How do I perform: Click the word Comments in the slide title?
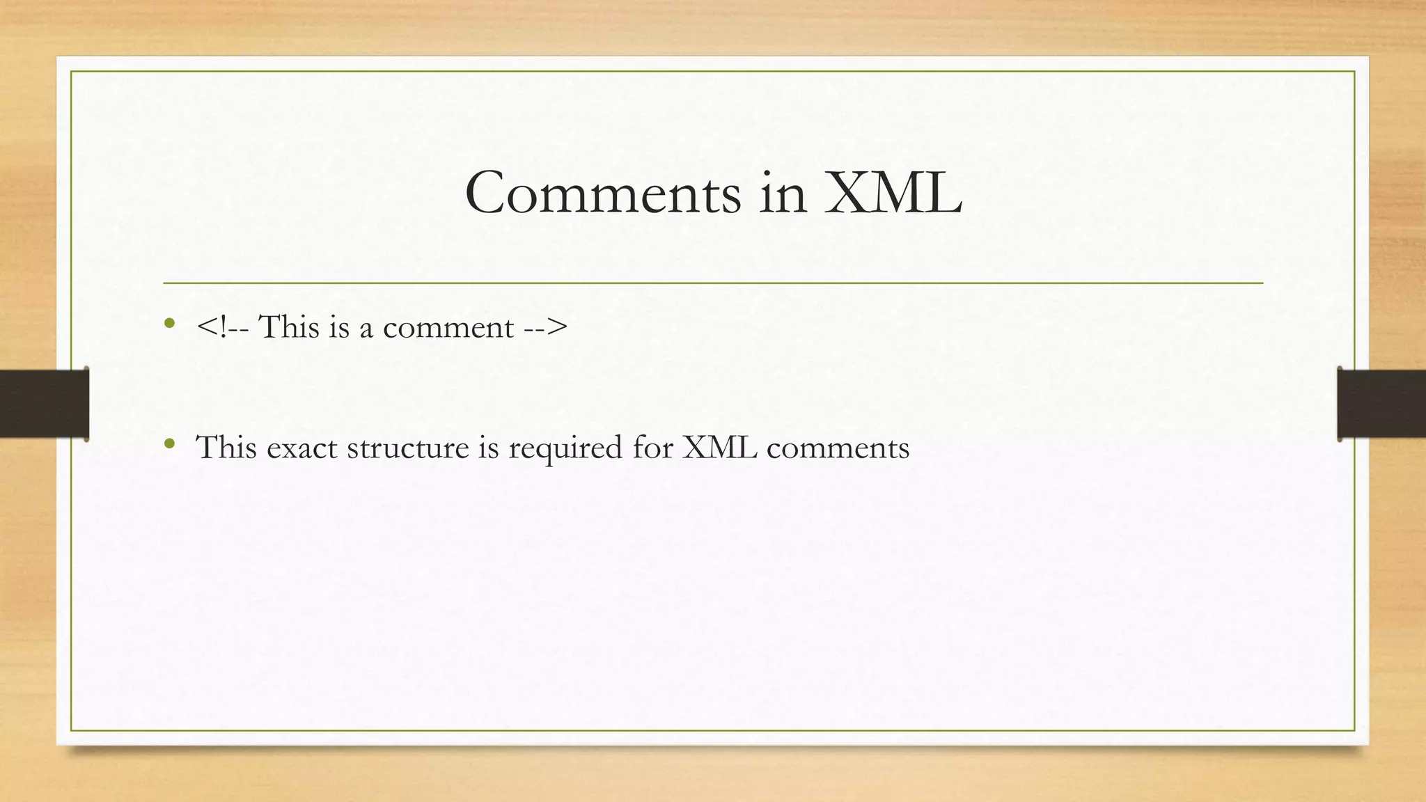coord(603,193)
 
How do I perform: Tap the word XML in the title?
coord(893,193)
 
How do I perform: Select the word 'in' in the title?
coord(783,193)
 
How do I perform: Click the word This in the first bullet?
coord(289,327)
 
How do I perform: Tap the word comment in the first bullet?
coord(448,328)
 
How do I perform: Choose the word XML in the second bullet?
coord(719,447)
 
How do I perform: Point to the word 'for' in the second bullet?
coord(652,447)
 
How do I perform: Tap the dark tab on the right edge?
coord(1381,404)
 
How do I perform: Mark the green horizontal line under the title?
coord(713,283)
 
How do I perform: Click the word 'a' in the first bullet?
coord(366,329)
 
